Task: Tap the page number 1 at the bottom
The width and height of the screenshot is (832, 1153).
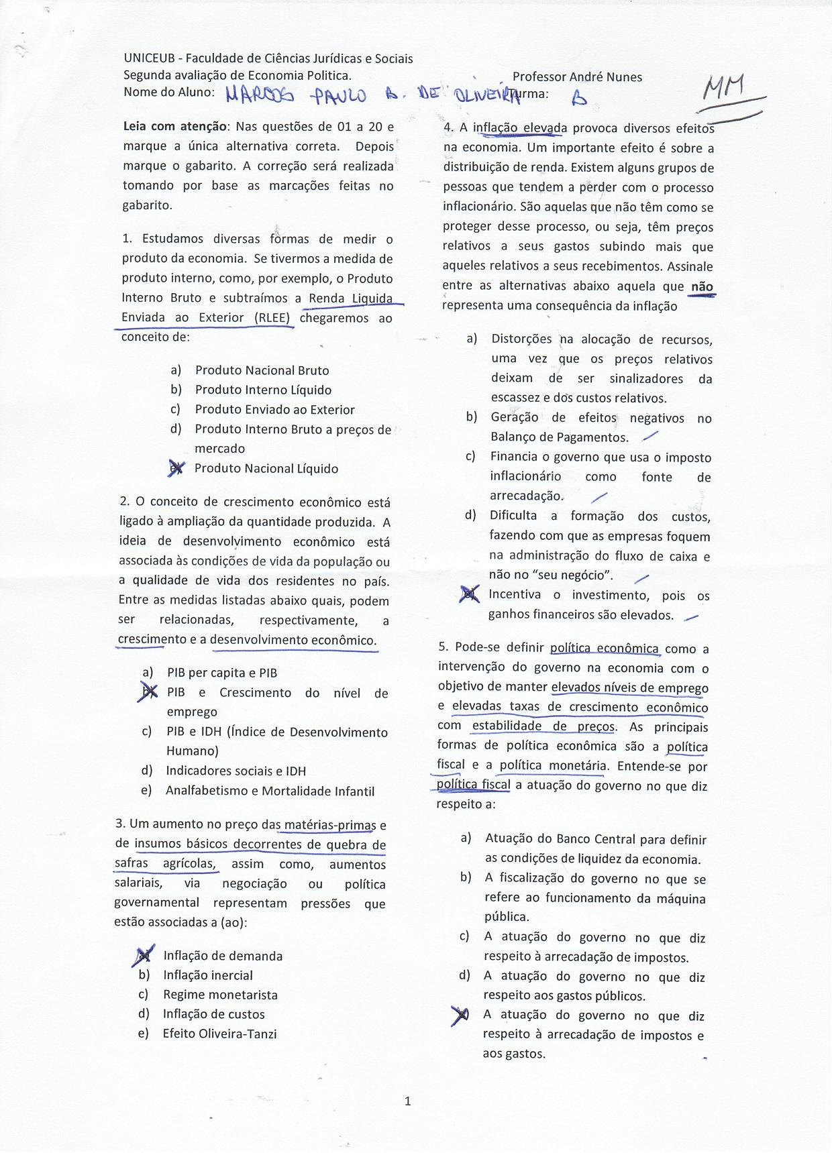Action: (x=408, y=1101)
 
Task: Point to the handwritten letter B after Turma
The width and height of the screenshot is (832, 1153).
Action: (x=578, y=99)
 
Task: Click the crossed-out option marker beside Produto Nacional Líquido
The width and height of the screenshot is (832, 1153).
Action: (x=176, y=468)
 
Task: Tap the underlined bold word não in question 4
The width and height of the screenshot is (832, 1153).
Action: (x=702, y=287)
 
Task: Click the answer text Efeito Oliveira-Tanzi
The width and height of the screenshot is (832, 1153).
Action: (x=219, y=1034)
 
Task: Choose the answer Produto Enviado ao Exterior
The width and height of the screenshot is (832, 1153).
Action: (x=274, y=410)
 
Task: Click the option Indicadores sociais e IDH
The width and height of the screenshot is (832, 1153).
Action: (x=236, y=771)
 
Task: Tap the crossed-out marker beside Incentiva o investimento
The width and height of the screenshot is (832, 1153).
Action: (x=469, y=594)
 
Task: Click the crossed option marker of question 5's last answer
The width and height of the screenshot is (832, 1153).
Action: (x=461, y=1015)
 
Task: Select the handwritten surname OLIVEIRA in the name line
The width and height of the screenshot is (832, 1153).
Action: (x=486, y=96)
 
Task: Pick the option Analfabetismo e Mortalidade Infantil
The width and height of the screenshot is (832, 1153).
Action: (x=270, y=791)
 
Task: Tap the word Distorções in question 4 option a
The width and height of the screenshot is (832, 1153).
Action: (x=521, y=339)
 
